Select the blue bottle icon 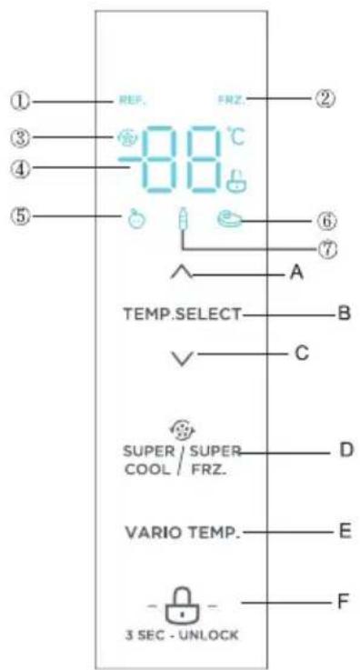tap(182, 220)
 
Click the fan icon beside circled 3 tap(126, 141)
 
